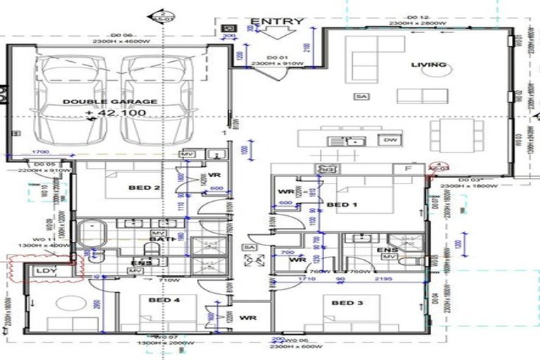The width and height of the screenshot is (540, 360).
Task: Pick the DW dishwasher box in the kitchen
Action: pos(390,140)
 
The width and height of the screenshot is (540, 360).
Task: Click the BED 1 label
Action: pos(340,205)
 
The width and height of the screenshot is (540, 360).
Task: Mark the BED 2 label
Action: pos(140,188)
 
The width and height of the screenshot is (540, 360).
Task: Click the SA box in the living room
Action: pos(361,96)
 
